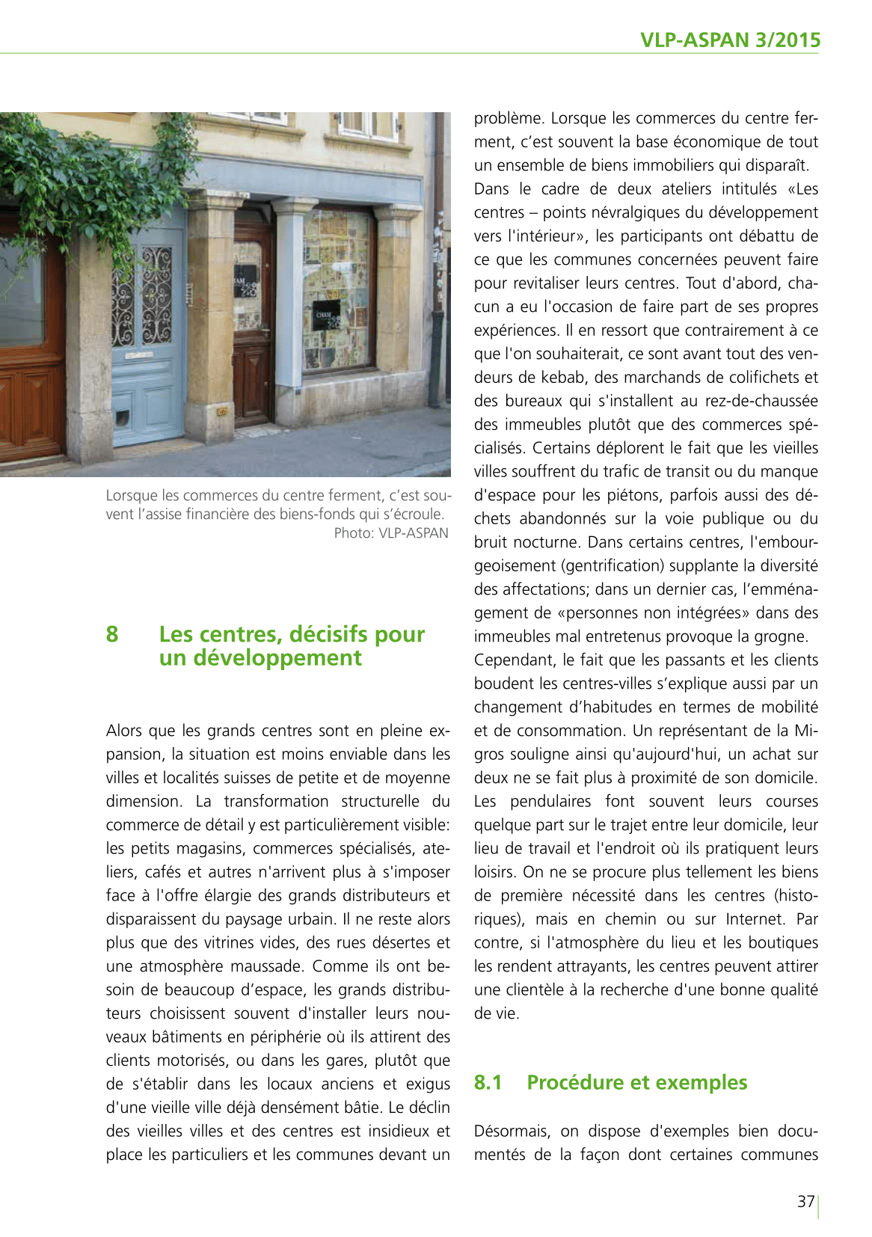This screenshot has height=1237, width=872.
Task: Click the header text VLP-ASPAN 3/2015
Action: tap(730, 40)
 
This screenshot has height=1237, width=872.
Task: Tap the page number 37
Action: tap(805, 1201)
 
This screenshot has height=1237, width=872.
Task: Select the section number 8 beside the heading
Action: tap(112, 634)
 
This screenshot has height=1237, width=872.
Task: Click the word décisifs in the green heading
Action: tap(330, 634)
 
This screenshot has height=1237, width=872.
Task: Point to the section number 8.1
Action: tap(488, 1082)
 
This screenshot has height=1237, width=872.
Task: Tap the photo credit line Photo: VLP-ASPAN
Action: tap(390, 533)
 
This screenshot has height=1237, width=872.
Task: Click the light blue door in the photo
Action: tap(147, 337)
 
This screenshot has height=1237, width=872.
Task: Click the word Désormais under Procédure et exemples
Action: tap(512, 1131)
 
